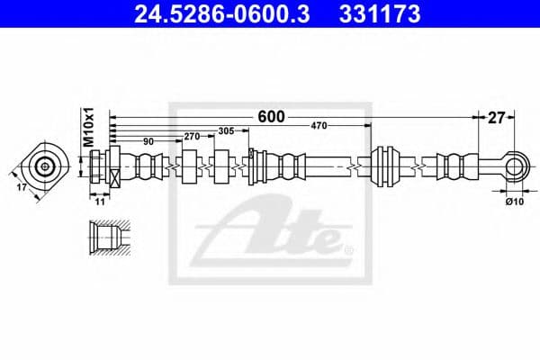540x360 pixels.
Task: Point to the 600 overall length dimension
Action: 271,116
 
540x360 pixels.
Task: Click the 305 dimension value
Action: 227,131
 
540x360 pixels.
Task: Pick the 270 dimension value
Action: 191,137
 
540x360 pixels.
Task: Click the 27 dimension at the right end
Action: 496,116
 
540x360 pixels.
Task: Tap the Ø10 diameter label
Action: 514,202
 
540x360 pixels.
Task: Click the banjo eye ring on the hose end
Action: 514,166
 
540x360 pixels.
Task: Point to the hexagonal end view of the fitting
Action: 42,166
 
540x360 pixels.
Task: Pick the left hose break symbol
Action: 209,166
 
